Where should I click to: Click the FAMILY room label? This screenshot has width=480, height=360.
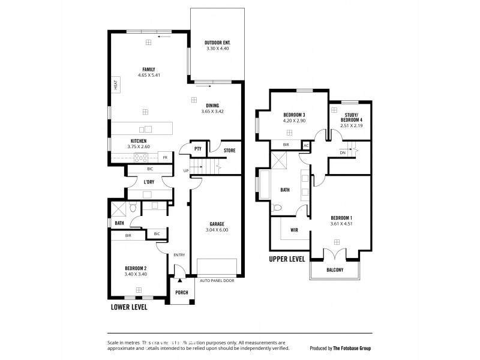click(145, 68)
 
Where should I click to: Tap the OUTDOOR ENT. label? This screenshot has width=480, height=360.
click(217, 43)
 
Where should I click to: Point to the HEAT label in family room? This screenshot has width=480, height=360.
click(115, 85)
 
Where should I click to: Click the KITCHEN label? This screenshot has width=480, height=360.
click(122, 141)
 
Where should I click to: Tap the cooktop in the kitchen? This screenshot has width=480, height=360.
click(142, 158)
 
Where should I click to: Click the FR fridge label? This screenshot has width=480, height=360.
click(165, 158)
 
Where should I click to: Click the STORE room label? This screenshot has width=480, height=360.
click(229, 151)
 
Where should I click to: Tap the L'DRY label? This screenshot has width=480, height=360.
click(149, 182)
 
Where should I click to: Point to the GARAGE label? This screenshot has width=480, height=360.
click(217, 223)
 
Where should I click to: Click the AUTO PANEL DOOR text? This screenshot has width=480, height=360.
click(217, 280)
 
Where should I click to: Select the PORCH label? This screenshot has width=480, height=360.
click(181, 293)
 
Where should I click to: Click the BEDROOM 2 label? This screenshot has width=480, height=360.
click(136, 268)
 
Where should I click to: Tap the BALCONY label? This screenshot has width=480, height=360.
click(335, 270)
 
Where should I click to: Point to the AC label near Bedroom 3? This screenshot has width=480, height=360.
click(305, 145)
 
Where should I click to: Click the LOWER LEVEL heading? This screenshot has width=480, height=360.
click(129, 307)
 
